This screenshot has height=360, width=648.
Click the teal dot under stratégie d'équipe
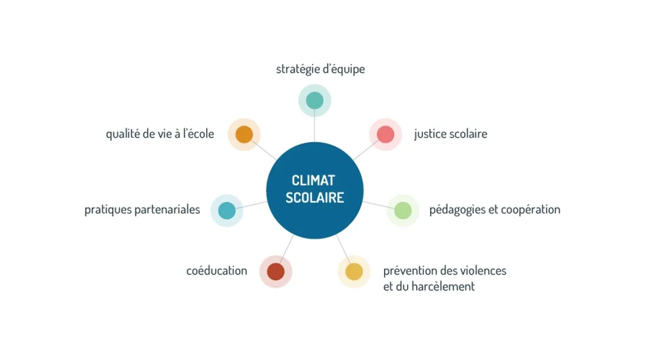click(315, 100)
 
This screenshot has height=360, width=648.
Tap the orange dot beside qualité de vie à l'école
click(244, 134)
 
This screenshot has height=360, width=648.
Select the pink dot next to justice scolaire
click(385, 134)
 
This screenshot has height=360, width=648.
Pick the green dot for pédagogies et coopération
click(403, 210)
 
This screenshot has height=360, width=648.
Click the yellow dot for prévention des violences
click(354, 272)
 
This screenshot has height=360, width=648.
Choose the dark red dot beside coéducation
click(276, 272)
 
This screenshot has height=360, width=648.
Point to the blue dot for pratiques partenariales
click(227, 210)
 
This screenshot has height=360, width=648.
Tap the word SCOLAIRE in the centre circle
click(315, 197)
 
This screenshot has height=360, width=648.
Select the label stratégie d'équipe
click(320, 69)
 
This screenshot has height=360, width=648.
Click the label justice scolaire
click(451, 134)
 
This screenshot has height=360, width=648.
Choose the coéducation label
click(217, 271)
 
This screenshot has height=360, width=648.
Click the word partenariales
click(167, 210)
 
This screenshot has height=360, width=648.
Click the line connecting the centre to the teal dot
click(315, 128)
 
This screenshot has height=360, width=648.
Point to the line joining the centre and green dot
click(375, 204)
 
